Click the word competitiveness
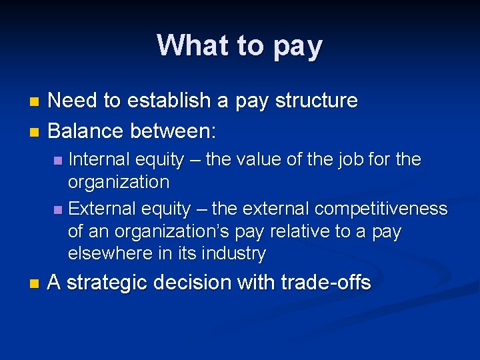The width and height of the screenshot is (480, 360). tap(381, 209)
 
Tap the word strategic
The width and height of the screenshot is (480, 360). tap(107, 283)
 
